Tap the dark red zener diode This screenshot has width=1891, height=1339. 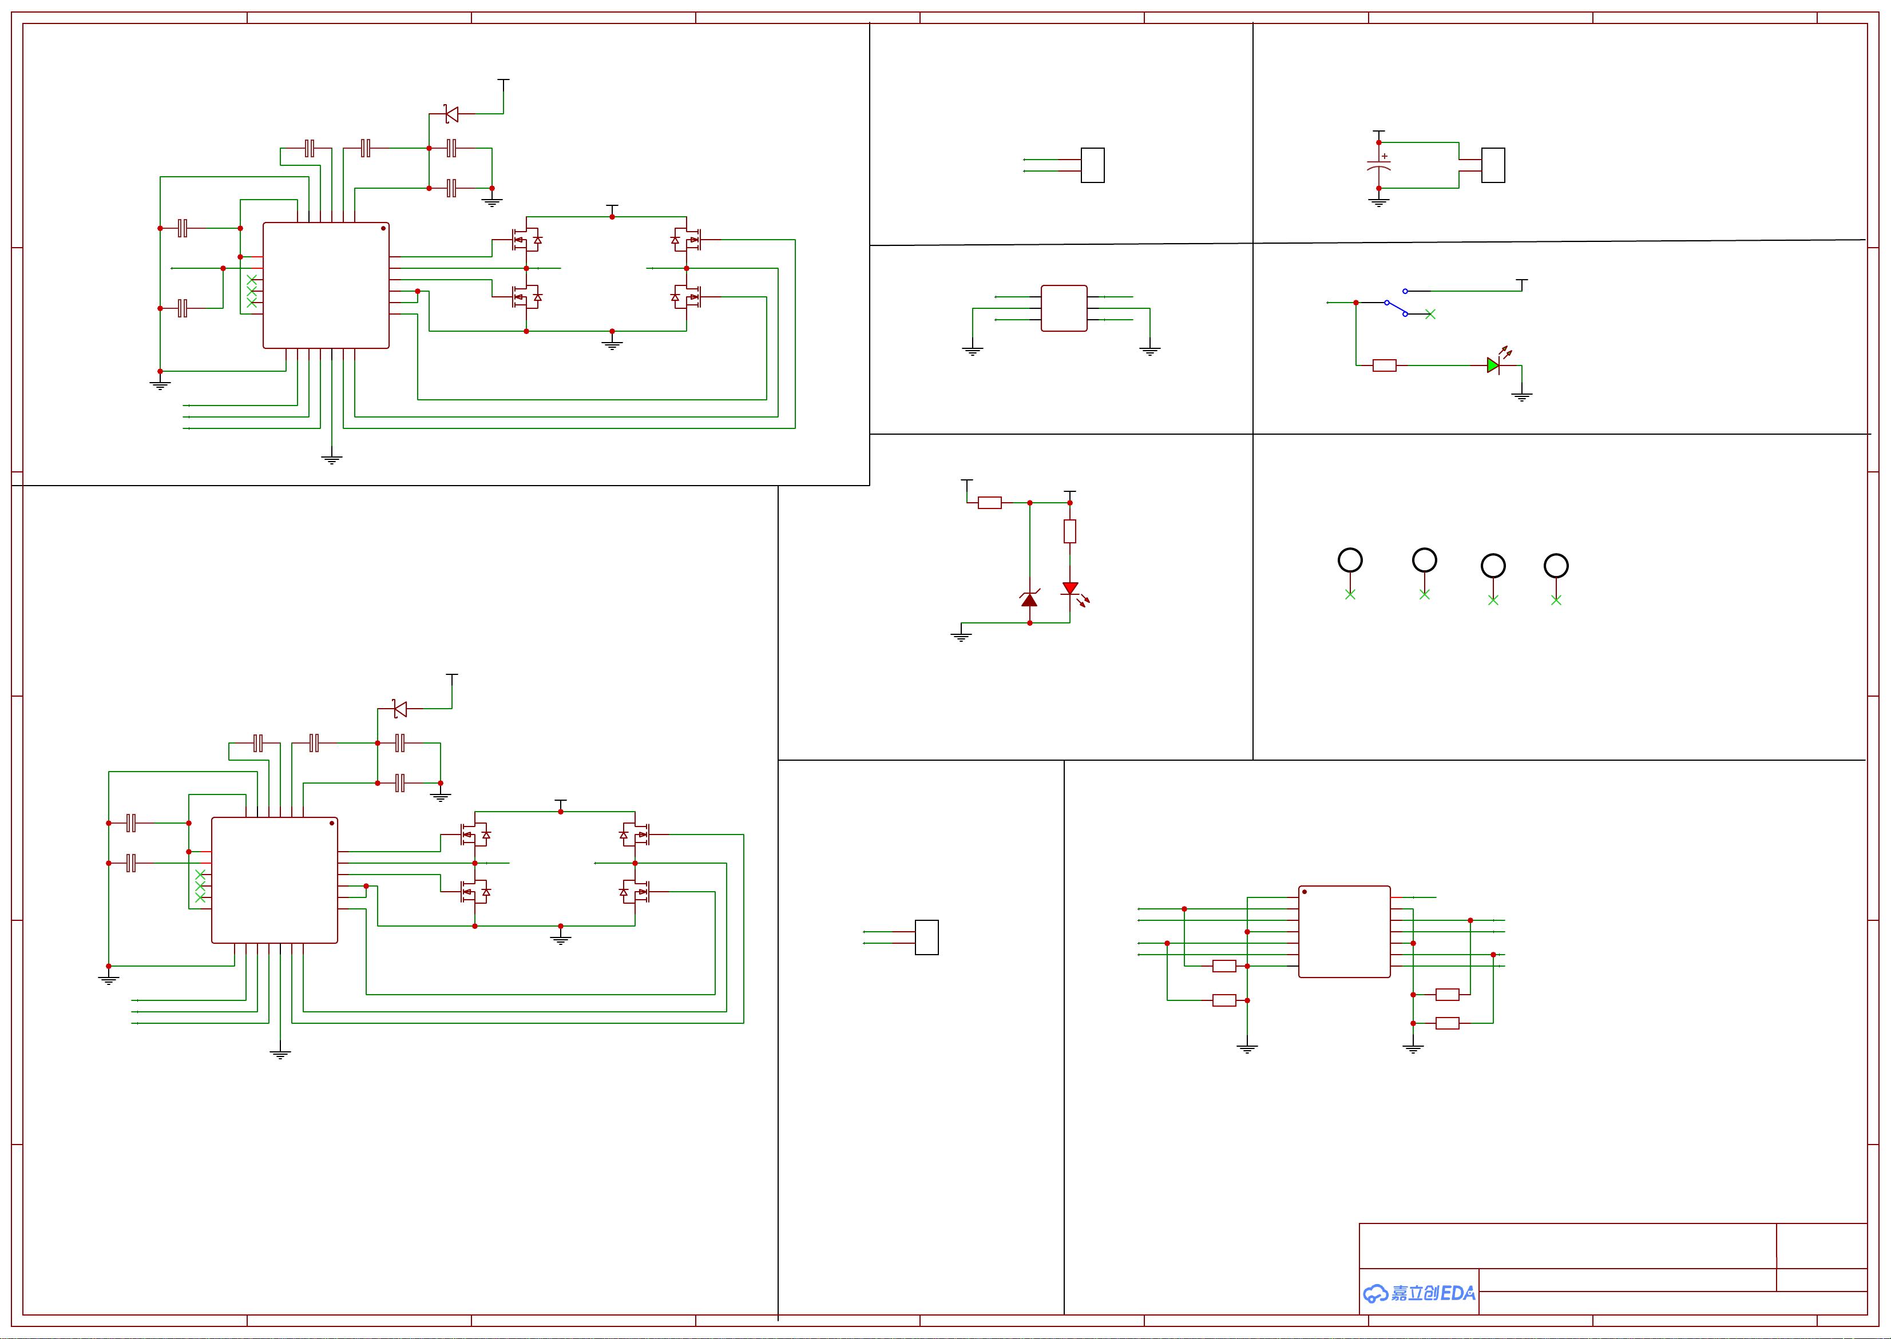pyautogui.click(x=1029, y=599)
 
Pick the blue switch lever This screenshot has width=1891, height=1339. pyautogui.click(x=1396, y=308)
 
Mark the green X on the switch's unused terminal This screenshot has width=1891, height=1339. pyautogui.click(x=1430, y=314)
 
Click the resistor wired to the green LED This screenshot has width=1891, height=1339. pyautogui.click(x=1385, y=365)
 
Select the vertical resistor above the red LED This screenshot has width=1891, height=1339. pyautogui.click(x=1069, y=531)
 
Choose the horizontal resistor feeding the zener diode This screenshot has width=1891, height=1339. pyautogui.click(x=990, y=502)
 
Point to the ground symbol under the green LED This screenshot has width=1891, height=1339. pyautogui.click(x=1521, y=396)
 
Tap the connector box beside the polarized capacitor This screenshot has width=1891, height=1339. pyautogui.click(x=1493, y=165)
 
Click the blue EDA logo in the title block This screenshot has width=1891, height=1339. pyautogui.click(x=1418, y=1293)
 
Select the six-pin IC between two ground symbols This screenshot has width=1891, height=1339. pyautogui.click(x=1064, y=308)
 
